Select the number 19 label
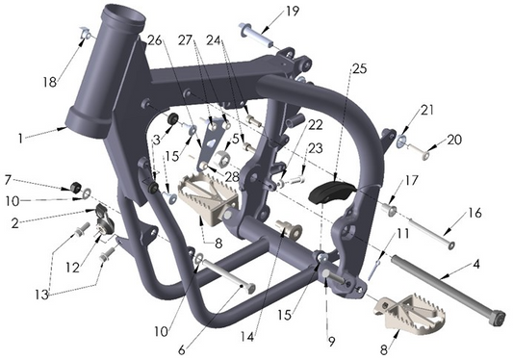(293, 12)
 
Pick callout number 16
(474, 213)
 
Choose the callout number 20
(454, 140)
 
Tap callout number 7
(8, 179)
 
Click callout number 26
(155, 39)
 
